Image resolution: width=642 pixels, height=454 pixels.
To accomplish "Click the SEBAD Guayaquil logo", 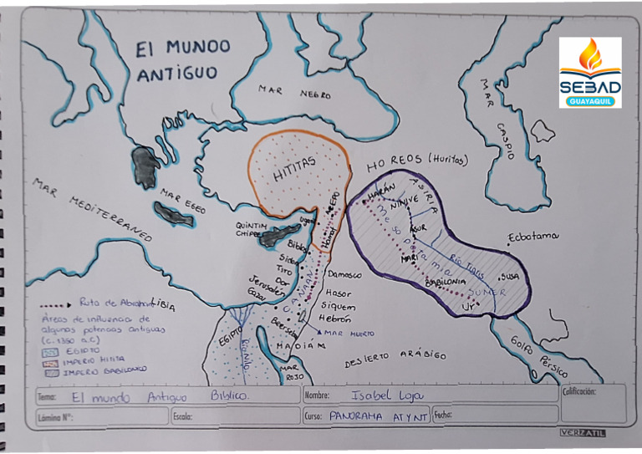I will point(590,72).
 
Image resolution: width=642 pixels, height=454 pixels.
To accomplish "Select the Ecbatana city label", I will point(532,237).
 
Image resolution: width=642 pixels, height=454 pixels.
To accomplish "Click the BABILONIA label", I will point(446,283).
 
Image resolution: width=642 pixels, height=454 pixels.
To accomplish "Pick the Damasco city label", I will point(343,274).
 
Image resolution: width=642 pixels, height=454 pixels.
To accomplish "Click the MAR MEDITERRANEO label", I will point(92,208).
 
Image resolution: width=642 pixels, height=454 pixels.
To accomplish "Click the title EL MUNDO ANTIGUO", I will point(181,60).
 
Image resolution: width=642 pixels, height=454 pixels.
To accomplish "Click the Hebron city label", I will point(334,319).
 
